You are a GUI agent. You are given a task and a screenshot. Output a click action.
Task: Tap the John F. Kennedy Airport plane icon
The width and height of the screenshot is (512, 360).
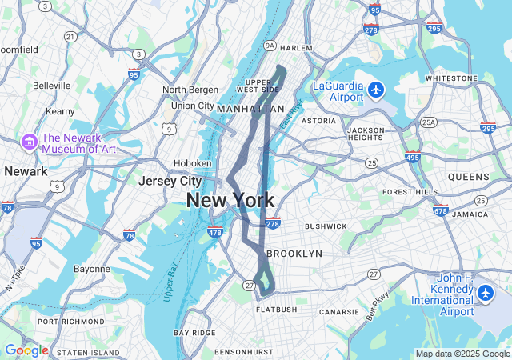coord(486,294)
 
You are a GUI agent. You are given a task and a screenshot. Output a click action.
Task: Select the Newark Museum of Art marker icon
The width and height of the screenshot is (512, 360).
coord(30,142)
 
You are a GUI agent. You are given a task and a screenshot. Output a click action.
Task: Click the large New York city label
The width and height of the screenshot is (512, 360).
coord(230,200)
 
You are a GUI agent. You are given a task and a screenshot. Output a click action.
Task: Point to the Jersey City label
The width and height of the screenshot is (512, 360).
coord(170,181)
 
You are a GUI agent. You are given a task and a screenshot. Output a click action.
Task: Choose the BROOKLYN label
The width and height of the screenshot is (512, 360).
coord(294,253)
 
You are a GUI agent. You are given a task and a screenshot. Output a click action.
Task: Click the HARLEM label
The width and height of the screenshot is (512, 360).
coord(297,48)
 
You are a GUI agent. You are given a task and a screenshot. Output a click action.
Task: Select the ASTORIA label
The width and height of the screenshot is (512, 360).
coord(318,121)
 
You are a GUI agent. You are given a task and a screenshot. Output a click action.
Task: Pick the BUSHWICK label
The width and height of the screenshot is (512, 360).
coord(326,226)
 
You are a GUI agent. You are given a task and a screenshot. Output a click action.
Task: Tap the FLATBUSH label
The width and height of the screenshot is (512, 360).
coord(277,310)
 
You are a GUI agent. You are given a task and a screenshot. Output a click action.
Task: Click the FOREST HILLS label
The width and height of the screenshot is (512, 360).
coord(410,192)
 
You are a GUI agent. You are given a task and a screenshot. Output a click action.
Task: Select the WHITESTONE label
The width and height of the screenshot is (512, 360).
coord(450,78)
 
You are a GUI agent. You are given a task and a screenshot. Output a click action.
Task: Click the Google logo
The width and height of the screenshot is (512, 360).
coord(26,350)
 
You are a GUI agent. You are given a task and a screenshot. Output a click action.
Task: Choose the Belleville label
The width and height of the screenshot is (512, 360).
coord(53,85)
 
